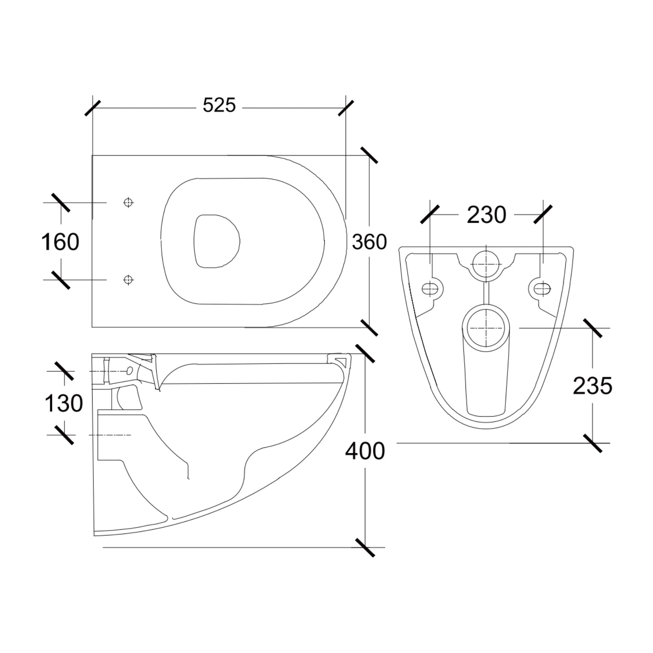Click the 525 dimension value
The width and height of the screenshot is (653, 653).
point(219,105)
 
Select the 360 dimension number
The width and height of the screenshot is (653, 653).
point(369,242)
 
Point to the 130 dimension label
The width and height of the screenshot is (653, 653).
point(64,403)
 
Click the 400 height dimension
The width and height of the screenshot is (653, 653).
point(365,451)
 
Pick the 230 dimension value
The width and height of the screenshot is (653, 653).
point(486,215)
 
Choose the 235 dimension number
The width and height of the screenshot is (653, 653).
point(593,386)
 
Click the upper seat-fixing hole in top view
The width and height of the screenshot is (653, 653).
point(128,202)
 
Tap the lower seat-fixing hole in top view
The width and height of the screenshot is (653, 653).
point(128,280)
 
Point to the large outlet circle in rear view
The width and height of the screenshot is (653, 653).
point(486,328)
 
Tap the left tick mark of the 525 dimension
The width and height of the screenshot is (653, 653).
point(92,108)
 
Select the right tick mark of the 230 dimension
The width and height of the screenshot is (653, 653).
point(543,214)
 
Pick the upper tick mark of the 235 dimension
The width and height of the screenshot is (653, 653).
point(593,328)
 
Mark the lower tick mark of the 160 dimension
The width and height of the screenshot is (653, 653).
point(61,280)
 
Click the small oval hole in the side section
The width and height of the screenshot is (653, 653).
point(129,371)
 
